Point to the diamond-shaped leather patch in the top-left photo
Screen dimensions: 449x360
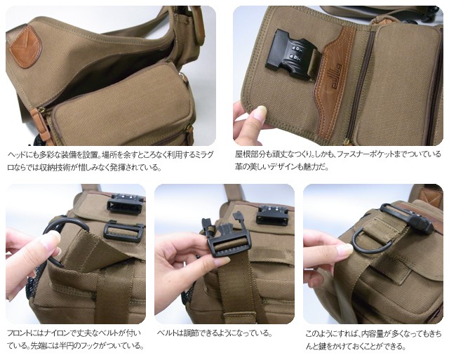(25, 47)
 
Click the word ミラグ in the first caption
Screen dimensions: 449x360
(204, 155)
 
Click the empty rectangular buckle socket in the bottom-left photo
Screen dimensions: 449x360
(123, 232)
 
